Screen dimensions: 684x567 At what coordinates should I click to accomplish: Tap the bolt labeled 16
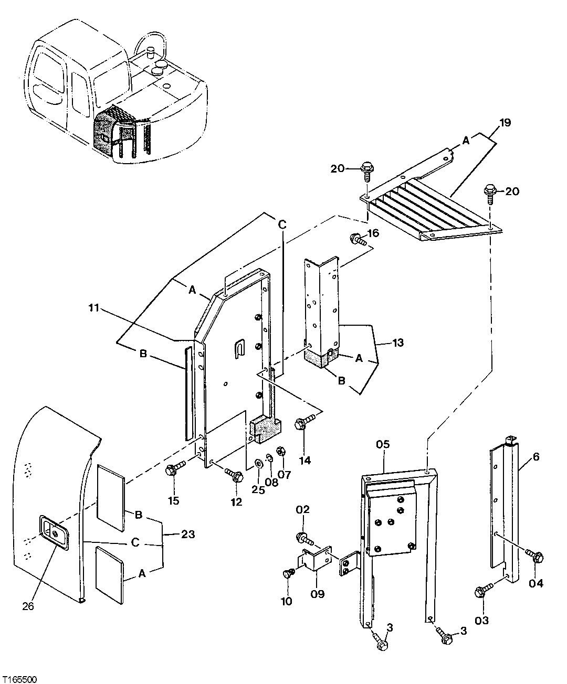[358, 240]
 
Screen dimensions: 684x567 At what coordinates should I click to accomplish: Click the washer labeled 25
[258, 463]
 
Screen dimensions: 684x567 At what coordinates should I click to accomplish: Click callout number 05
[383, 445]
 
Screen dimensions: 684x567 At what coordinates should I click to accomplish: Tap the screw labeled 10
[288, 573]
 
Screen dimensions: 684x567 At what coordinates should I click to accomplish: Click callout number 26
[28, 606]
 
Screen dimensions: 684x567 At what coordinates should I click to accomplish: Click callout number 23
[188, 535]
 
